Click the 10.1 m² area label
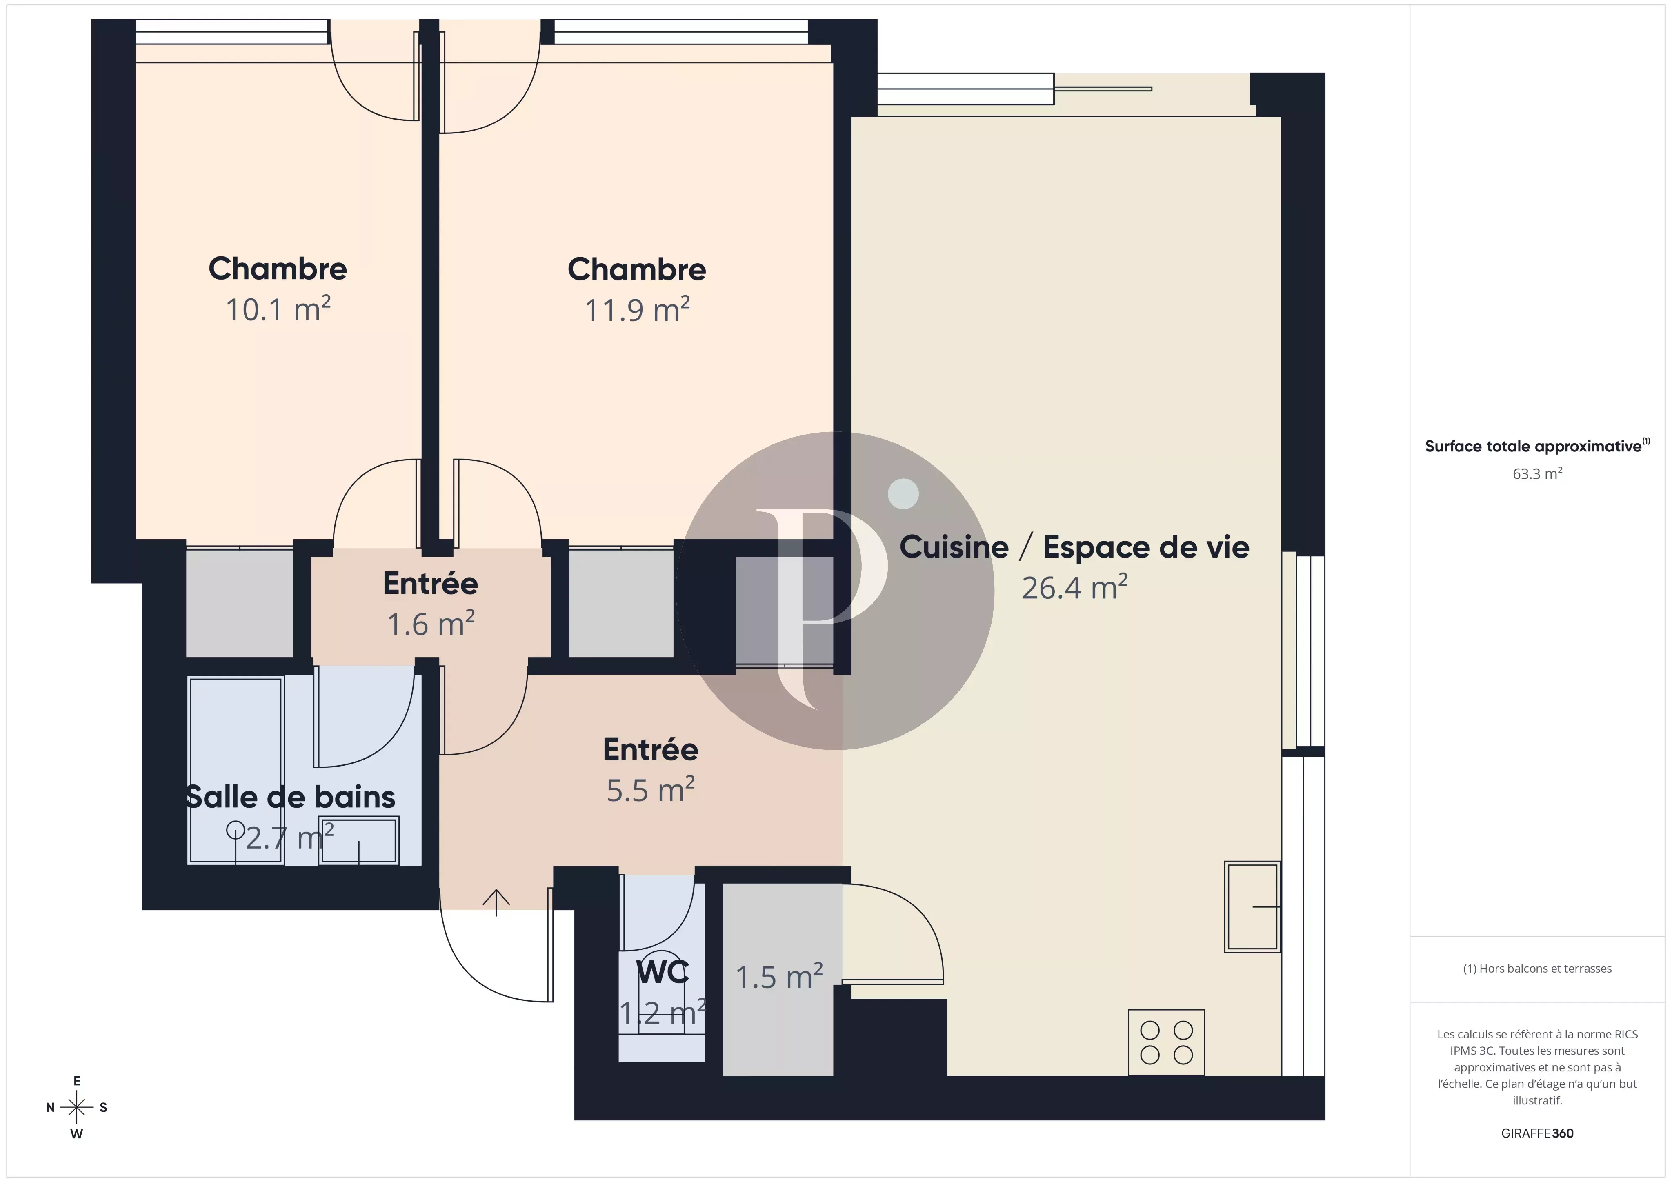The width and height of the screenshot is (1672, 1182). pyautogui.click(x=278, y=309)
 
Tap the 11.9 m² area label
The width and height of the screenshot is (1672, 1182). pyautogui.click(x=637, y=310)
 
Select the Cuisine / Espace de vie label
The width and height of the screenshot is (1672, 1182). pyautogui.click(x=1074, y=547)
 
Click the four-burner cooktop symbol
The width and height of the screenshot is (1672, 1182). pyautogui.click(x=1166, y=1042)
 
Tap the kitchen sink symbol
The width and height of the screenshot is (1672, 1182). pyautogui.click(x=1252, y=907)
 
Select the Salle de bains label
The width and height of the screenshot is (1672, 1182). pyautogui.click(x=290, y=797)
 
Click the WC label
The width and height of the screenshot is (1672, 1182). pyautogui.click(x=662, y=971)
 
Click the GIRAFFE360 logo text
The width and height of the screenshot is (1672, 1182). pyautogui.click(x=1537, y=1133)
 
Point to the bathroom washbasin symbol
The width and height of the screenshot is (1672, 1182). pyautogui.click(x=359, y=841)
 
